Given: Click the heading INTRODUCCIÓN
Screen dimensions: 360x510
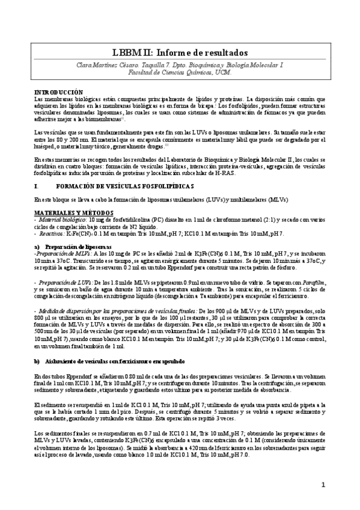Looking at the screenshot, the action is [x=58, y=91].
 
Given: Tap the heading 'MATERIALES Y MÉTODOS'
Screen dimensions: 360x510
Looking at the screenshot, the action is [x=71, y=212].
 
